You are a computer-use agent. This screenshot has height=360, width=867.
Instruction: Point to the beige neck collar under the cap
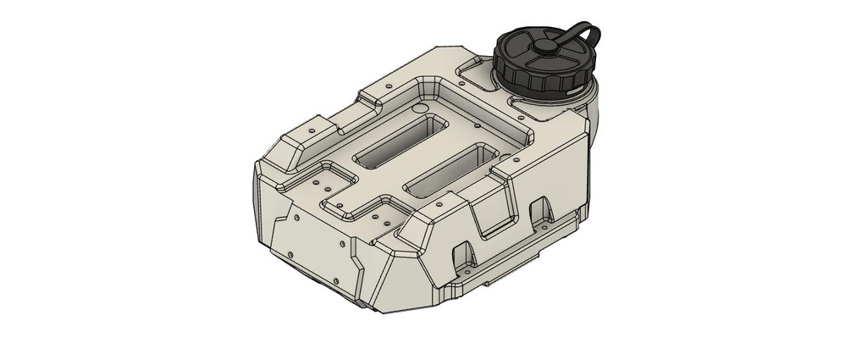point(584,93)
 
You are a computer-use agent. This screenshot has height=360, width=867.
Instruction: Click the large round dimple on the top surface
point(417,110)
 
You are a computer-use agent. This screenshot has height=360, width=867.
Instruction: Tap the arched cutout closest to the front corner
point(464,254)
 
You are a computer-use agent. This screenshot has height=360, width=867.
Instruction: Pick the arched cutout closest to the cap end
point(539,208)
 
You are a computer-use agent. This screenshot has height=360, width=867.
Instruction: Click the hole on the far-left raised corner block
point(311,131)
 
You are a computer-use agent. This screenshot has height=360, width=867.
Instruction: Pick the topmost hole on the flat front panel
point(296,216)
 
